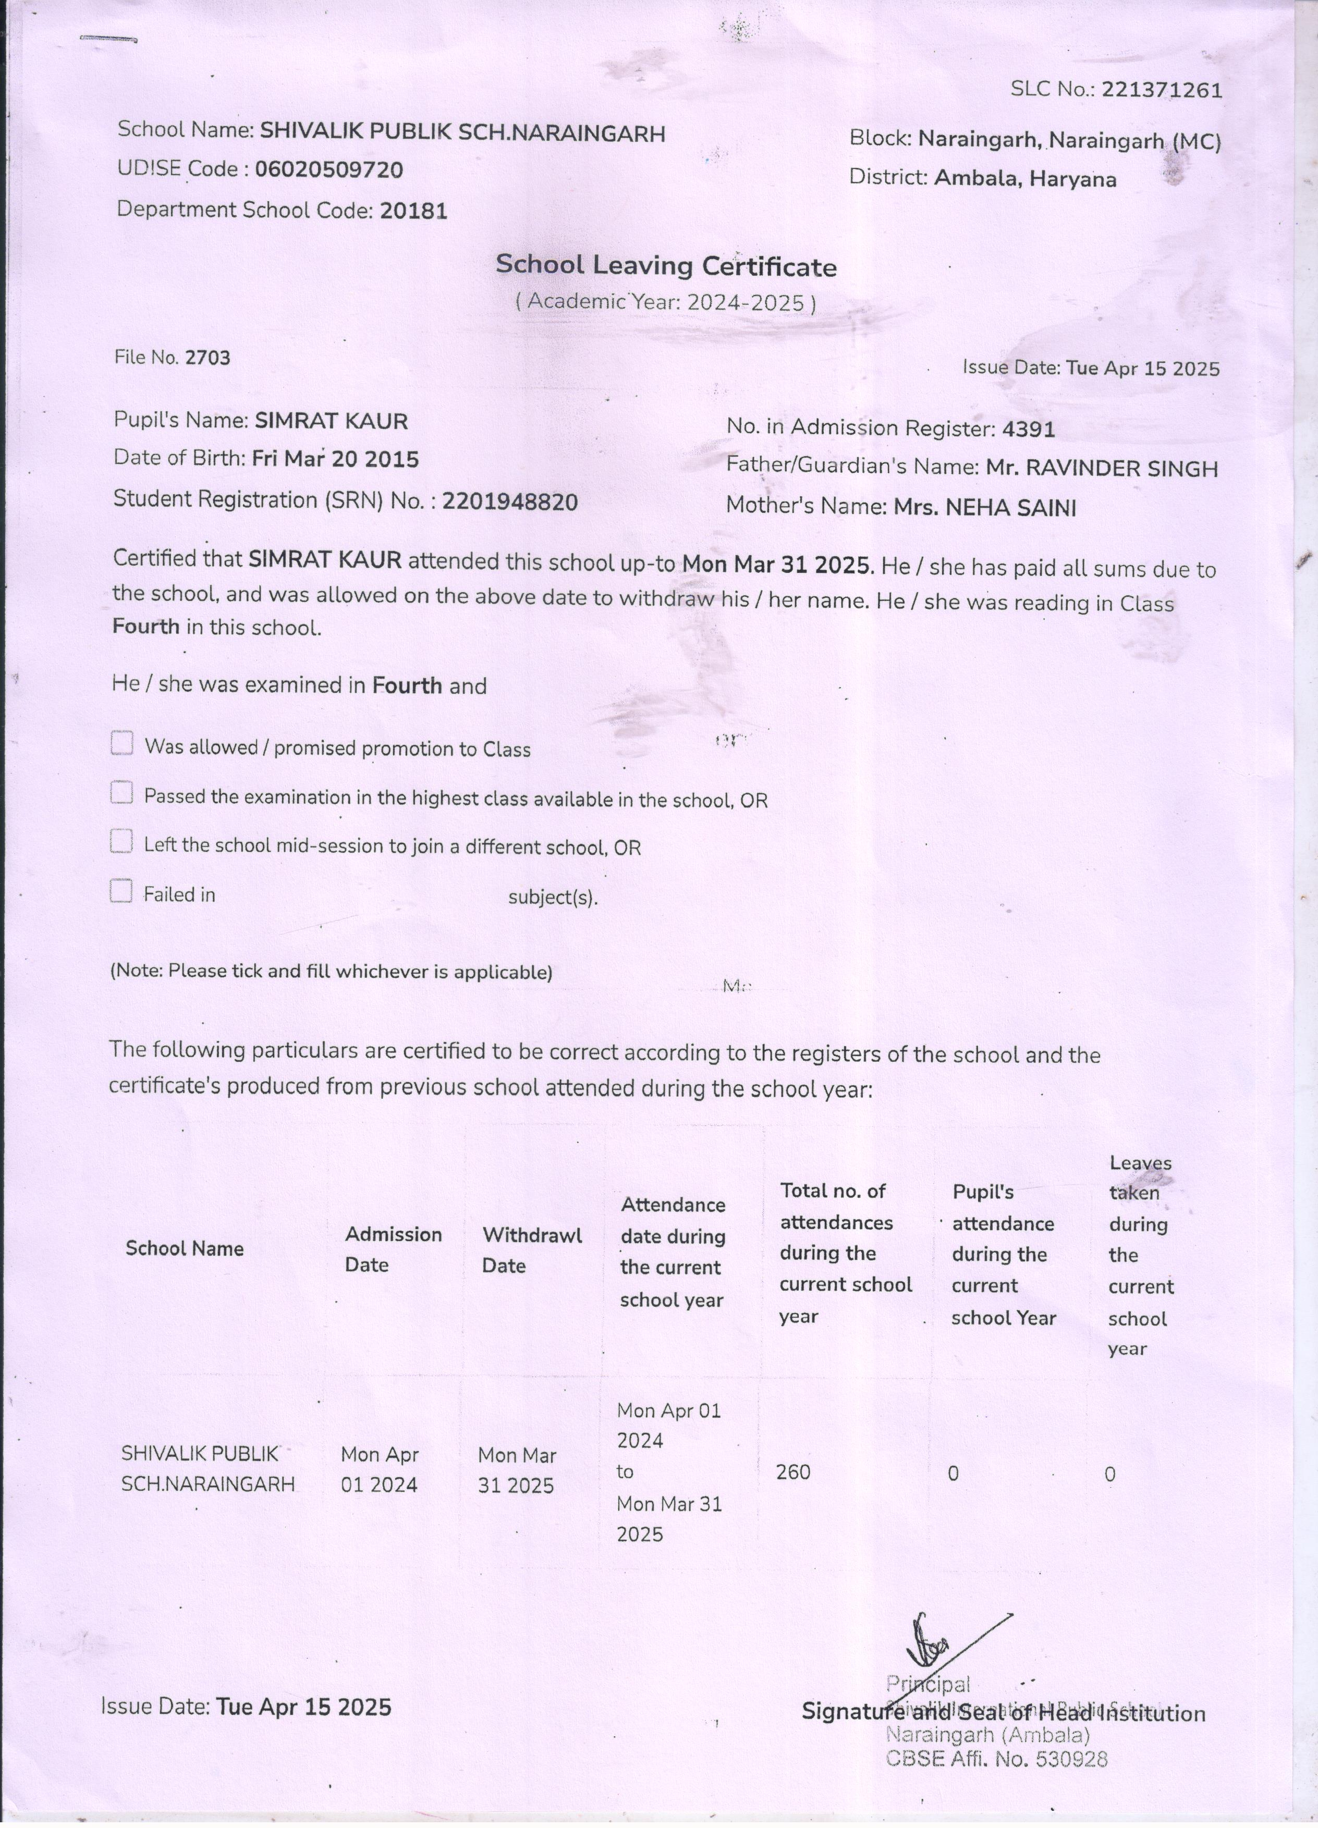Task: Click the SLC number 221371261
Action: tap(1162, 90)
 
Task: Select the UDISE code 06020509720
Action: tap(329, 169)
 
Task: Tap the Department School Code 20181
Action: tap(413, 211)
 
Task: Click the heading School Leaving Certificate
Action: tap(666, 265)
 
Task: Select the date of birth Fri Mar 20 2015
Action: tap(335, 459)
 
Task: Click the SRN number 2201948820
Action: tap(509, 501)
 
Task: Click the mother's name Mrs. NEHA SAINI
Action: tap(984, 508)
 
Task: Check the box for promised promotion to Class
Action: tap(121, 743)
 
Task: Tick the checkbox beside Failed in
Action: tap(121, 891)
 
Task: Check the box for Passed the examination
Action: tap(121, 793)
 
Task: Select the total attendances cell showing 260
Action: tap(793, 1473)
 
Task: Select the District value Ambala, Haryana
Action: tap(1024, 178)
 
